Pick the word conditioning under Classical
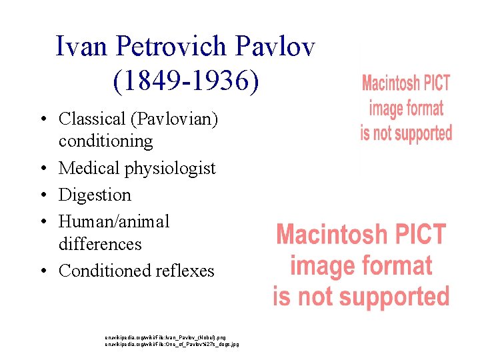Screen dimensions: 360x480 105,141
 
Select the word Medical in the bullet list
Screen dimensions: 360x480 89,169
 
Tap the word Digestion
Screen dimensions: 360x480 95,195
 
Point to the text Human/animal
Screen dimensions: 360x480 114,221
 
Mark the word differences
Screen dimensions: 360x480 100,244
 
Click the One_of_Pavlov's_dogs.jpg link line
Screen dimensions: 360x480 171,344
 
